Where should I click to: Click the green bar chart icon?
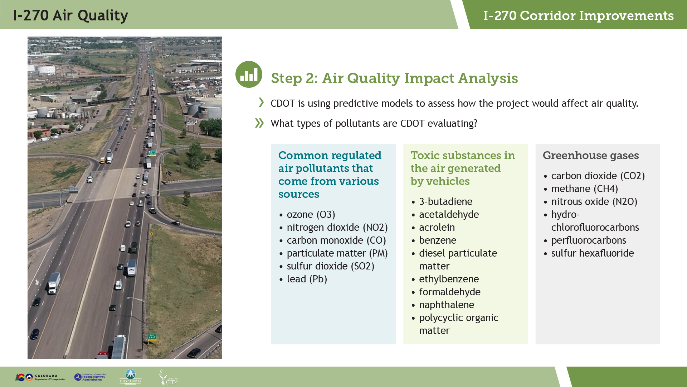(249, 74)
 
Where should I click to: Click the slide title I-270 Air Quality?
(70, 15)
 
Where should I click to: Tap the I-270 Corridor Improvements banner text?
(578, 15)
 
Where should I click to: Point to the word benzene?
(438, 240)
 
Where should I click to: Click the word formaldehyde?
(450, 292)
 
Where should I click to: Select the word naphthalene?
(447, 305)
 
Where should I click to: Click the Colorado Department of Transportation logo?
(40, 377)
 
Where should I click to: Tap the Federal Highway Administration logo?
(90, 377)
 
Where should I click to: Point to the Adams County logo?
(130, 377)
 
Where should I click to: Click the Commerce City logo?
(168, 377)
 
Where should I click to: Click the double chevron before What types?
(259, 123)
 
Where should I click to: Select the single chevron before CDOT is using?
(261, 102)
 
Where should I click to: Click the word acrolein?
(437, 227)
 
